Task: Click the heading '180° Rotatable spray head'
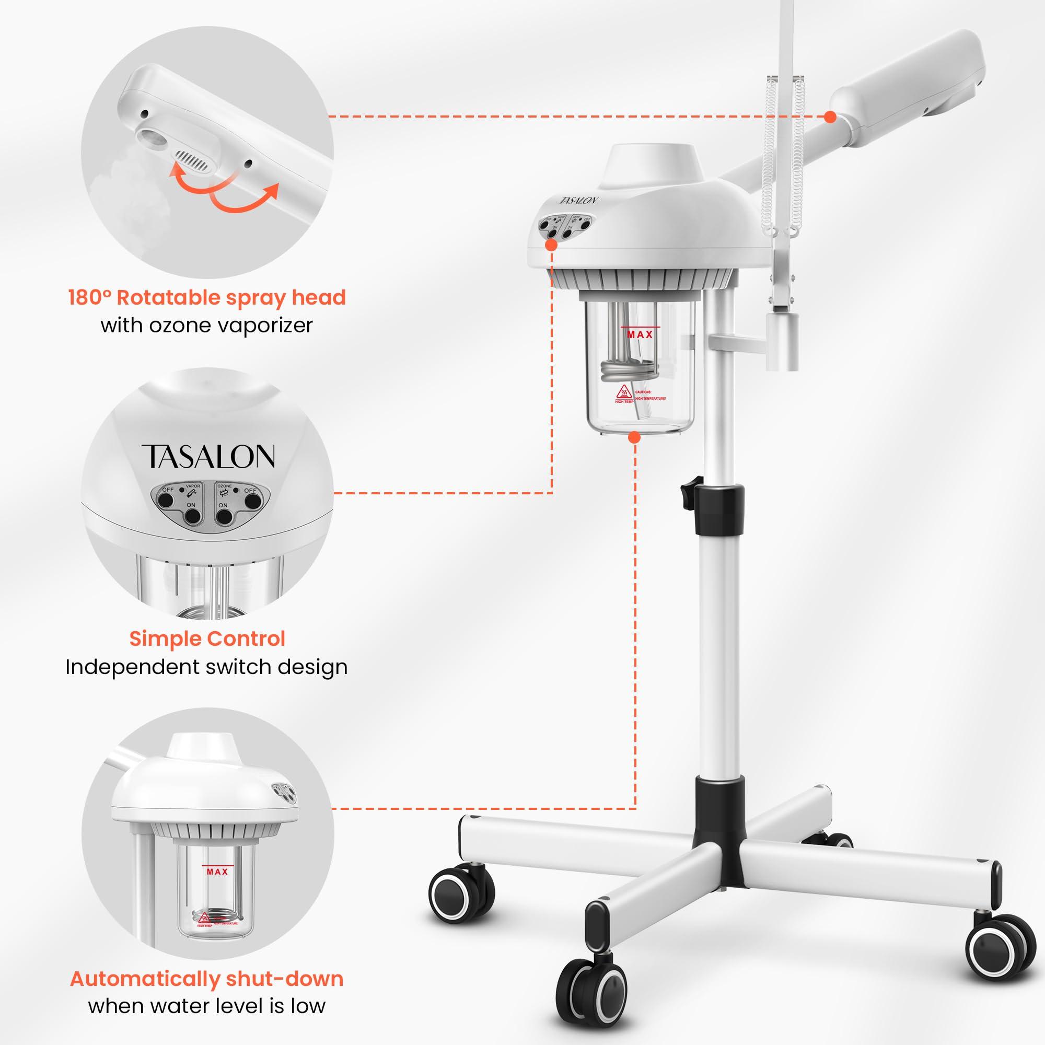click(206, 297)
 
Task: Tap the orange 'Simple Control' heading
click(206, 638)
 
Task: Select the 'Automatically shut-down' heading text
click(206, 979)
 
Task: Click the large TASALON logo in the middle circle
click(208, 456)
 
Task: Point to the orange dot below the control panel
click(551, 245)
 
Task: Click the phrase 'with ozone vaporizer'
click(206, 326)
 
